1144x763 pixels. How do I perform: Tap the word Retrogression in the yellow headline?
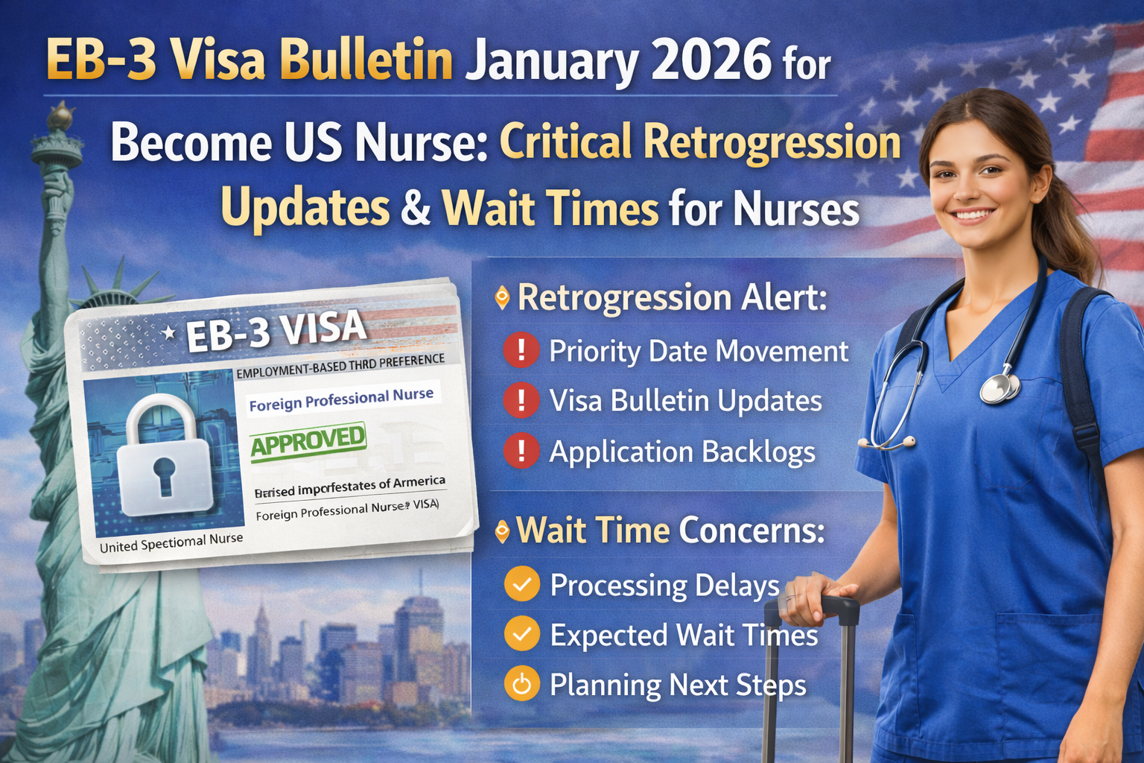coord(772,142)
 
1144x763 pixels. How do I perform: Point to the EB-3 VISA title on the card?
coord(276,330)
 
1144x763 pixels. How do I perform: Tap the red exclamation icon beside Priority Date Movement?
coord(521,350)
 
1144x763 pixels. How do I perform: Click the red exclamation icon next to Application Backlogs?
coord(521,452)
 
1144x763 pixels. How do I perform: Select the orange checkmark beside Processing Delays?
coord(522,584)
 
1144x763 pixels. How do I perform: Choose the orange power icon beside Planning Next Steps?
coord(522,684)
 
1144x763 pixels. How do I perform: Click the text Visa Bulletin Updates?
coord(685,401)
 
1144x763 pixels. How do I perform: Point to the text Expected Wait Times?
coord(684,635)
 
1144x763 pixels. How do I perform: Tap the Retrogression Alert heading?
coord(672,297)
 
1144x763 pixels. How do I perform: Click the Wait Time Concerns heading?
coord(670,531)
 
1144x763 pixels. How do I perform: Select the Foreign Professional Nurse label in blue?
coord(341,399)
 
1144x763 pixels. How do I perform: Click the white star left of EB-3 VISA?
coord(169,333)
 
